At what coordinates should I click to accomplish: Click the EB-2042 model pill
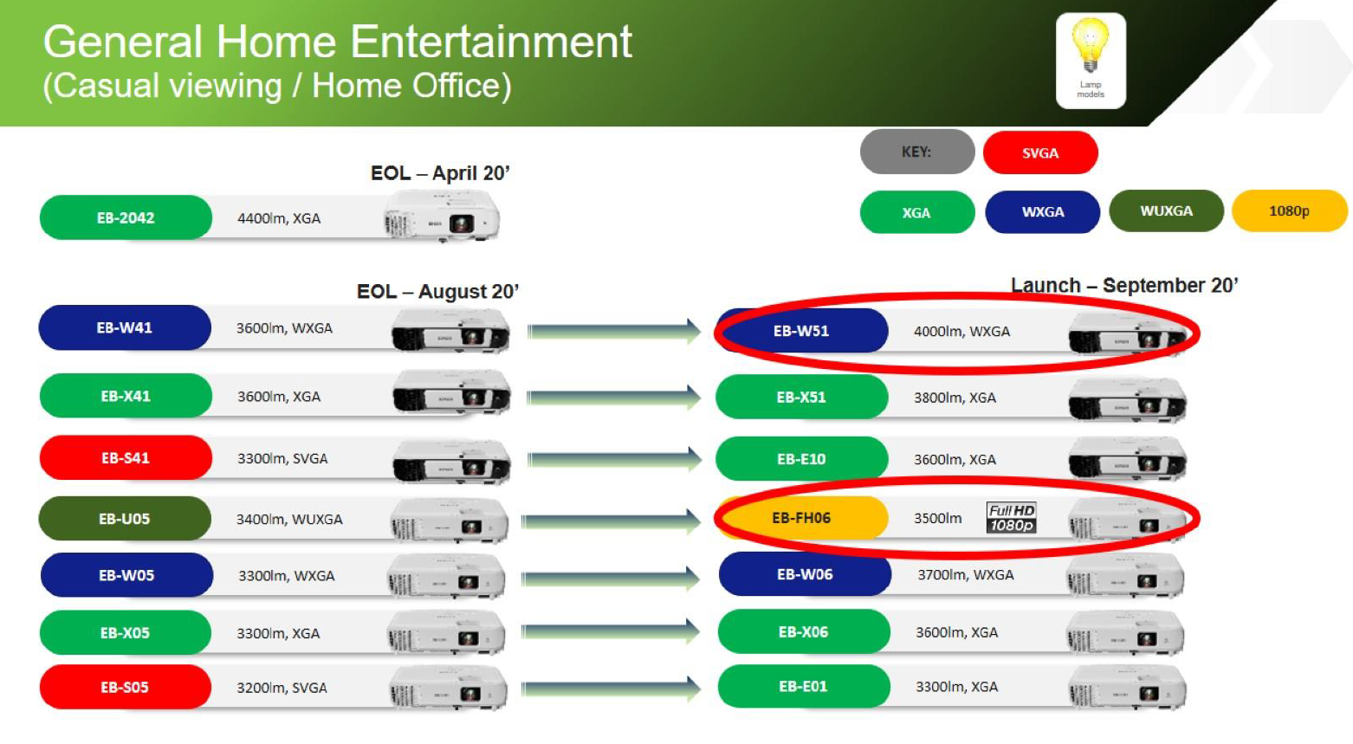click(126, 217)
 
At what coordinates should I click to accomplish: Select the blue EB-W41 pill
click(125, 327)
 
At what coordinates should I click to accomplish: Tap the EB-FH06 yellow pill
click(802, 518)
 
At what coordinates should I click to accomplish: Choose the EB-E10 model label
click(801, 459)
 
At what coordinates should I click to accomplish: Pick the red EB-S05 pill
click(125, 687)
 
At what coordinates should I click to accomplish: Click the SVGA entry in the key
click(1040, 152)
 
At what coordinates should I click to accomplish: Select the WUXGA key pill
click(1167, 210)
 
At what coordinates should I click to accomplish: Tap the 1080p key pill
click(1290, 210)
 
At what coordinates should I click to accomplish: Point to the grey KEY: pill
click(917, 152)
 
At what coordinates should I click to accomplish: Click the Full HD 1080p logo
click(1012, 518)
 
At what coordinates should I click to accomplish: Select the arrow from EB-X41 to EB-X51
click(613, 398)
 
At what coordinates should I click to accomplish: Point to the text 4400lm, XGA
click(278, 218)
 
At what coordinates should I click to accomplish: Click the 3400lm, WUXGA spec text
click(289, 520)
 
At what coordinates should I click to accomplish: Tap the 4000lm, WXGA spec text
click(961, 332)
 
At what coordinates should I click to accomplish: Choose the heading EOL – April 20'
click(440, 173)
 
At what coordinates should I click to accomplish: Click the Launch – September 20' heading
click(1124, 285)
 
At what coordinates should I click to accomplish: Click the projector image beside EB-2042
click(442, 217)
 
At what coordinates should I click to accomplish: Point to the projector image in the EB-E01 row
click(1127, 688)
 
